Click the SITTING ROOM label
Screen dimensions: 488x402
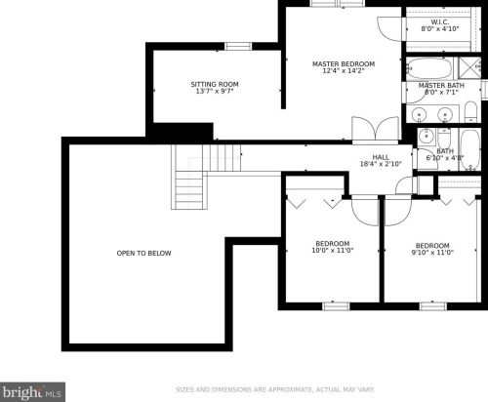tap(215, 84)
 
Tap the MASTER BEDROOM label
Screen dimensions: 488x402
tap(344, 63)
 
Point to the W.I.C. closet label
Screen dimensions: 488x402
tap(440, 22)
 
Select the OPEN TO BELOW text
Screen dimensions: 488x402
tap(143, 253)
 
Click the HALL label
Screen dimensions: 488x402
tap(381, 157)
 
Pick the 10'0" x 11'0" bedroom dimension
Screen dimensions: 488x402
tap(333, 251)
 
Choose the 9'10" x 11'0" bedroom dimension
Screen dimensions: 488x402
tap(432, 253)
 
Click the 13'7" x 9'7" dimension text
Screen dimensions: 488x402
tap(215, 91)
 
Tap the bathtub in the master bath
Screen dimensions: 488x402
tap(430, 68)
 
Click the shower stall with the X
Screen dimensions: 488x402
tap(469, 68)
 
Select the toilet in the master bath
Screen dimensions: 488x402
tap(470, 112)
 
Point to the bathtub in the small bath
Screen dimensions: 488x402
tap(470, 149)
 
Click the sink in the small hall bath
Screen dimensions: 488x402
tap(427, 137)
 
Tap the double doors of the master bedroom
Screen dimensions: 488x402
tap(376, 130)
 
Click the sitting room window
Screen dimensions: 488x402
tap(238, 47)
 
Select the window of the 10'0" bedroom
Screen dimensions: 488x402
tap(336, 306)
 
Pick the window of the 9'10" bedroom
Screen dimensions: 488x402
tap(433, 306)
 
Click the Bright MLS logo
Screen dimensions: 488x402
tap(32, 392)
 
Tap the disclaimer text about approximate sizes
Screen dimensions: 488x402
tap(275, 389)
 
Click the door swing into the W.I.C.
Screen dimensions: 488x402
tap(389, 28)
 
